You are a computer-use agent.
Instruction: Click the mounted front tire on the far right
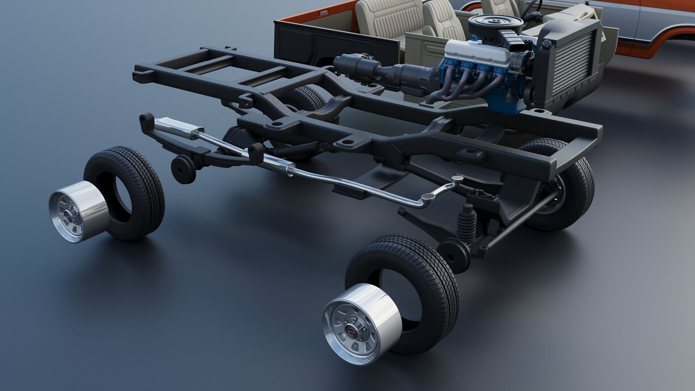click(565, 185)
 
